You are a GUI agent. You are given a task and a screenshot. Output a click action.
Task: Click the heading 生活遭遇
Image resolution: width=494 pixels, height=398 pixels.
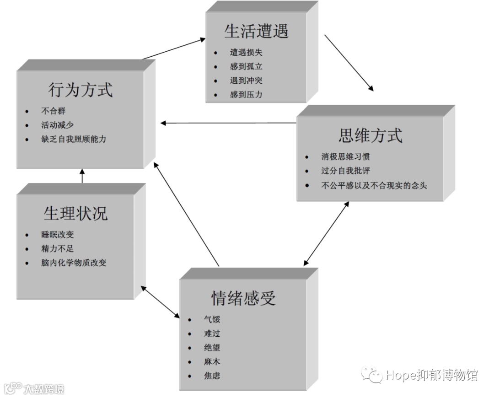[256, 31]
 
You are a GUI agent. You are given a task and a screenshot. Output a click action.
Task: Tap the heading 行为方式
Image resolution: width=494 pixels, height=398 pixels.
[81, 90]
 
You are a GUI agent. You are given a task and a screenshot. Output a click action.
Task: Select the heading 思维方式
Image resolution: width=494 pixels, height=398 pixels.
[370, 136]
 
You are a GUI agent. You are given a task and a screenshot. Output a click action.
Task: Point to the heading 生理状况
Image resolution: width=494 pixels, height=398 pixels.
[76, 214]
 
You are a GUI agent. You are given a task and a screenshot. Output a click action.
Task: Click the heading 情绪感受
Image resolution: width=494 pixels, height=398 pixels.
[243, 298]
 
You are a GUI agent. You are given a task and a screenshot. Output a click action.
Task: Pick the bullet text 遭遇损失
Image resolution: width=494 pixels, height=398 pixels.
[246, 53]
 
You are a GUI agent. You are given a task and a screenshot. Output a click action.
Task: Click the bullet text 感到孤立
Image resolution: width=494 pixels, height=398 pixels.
[246, 67]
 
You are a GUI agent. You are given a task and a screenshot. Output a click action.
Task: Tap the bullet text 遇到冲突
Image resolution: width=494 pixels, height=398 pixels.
[246, 81]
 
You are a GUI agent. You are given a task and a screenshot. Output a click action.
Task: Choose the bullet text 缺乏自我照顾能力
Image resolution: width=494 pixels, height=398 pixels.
[73, 139]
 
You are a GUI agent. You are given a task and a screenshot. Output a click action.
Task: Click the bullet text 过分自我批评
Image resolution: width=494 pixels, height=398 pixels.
[345, 171]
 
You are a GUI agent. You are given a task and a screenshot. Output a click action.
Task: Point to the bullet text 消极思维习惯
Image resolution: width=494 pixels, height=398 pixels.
[345, 157]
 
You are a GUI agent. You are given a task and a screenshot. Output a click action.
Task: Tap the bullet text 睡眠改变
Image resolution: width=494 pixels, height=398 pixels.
[57, 235]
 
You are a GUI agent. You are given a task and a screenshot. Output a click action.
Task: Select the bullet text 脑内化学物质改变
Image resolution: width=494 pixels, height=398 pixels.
[74, 263]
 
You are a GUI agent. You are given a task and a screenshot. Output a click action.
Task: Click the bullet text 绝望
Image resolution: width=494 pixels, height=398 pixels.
[212, 348]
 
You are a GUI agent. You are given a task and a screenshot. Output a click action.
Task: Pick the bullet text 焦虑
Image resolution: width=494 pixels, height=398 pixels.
[212, 376]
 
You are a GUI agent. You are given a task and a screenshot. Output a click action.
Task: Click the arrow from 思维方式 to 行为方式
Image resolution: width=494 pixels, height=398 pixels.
[229, 123]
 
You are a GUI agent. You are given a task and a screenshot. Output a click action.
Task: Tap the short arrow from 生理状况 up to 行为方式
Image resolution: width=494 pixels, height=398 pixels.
[82, 176]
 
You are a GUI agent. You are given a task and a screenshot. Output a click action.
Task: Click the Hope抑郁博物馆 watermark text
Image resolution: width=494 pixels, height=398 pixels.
[431, 375]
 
